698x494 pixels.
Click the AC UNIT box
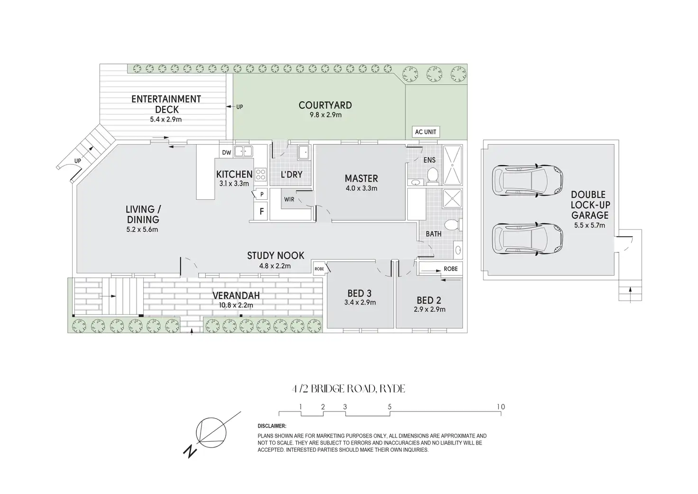425,132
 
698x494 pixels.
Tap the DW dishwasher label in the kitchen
226,152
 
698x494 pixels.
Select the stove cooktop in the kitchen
261,174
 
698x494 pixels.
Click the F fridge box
261,212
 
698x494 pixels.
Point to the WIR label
289,199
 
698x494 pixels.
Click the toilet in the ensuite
432,176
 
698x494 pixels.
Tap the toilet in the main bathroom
452,224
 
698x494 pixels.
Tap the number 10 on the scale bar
501,407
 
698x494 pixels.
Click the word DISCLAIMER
272,426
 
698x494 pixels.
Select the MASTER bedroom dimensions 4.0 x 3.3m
361,188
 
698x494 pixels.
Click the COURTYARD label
325,105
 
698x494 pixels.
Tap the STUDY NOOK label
276,256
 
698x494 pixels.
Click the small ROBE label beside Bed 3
319,269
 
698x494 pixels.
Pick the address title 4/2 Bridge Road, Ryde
349,389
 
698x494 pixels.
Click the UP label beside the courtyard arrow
239,107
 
